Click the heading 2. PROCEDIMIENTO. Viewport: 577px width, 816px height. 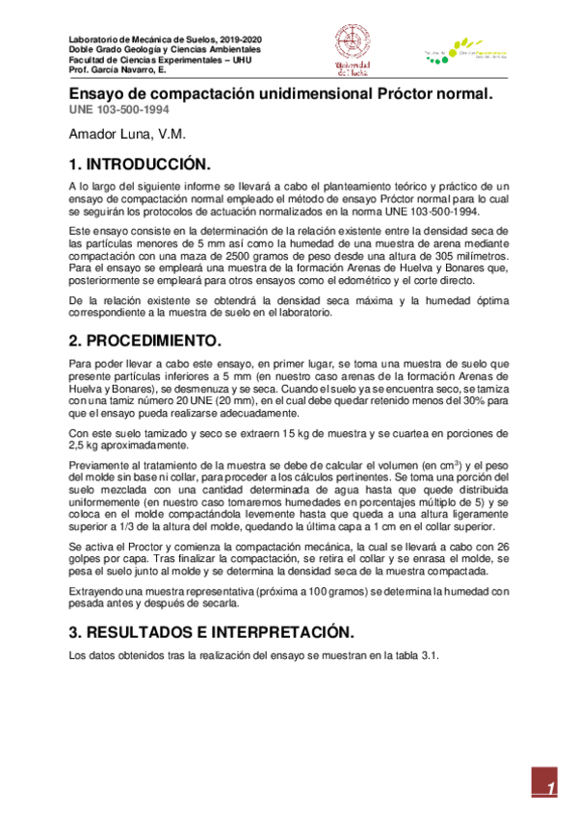coord(144,342)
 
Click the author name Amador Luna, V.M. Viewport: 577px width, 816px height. coord(126,134)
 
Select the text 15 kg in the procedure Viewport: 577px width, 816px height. coord(241,433)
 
